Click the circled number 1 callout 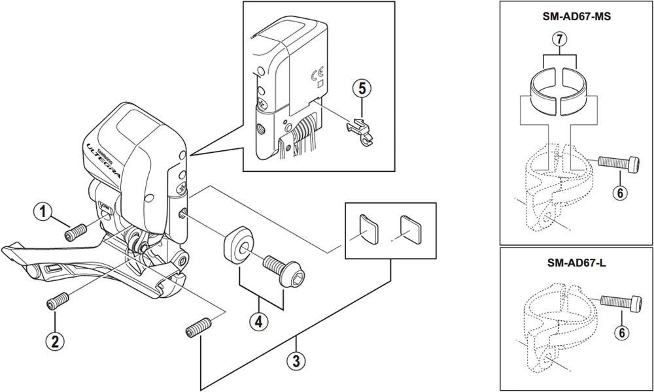44,212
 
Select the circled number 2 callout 54,340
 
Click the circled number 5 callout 361,88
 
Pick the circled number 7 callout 557,41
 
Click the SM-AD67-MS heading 576,18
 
